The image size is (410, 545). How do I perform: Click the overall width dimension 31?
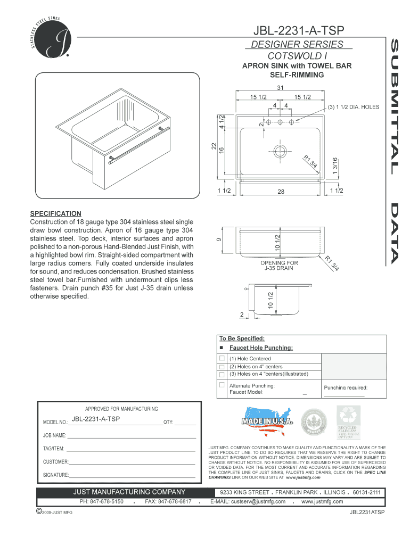(x=279, y=87)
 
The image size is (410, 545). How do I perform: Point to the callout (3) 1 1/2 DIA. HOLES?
(x=353, y=106)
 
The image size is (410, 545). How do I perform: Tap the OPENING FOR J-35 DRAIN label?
(x=279, y=265)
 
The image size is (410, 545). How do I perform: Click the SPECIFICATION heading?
(x=55, y=213)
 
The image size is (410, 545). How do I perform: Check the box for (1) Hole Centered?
(x=222, y=359)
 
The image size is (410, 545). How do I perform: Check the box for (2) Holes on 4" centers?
(x=222, y=367)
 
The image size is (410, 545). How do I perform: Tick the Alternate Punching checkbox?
(x=222, y=385)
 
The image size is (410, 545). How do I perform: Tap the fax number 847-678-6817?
(x=168, y=501)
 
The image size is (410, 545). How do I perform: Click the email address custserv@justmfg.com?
(x=248, y=501)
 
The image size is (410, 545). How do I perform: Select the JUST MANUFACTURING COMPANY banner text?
(x=129, y=492)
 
